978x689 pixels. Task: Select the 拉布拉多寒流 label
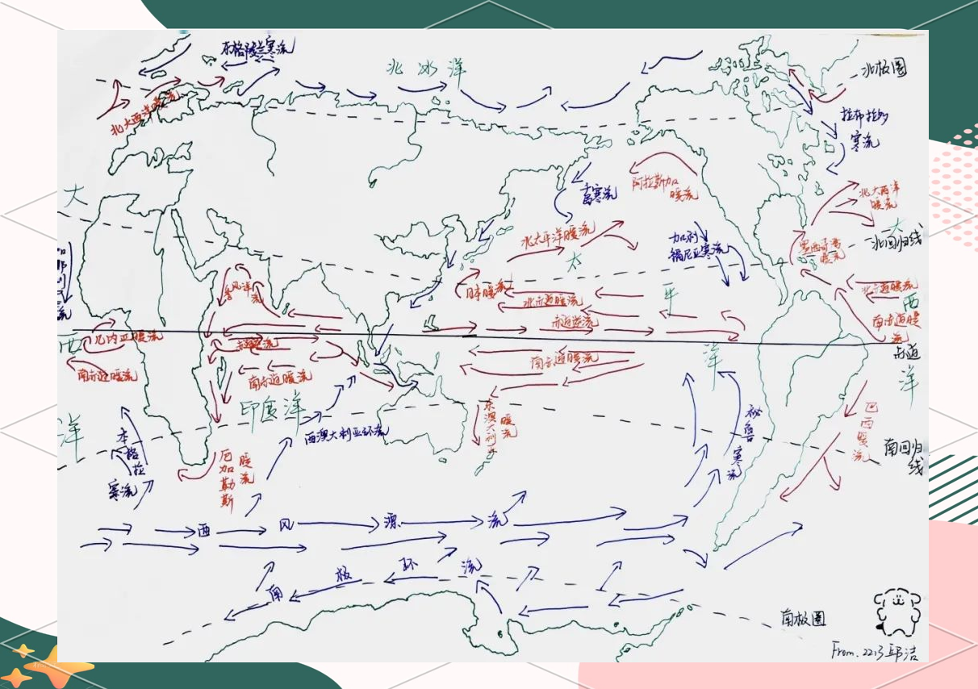[x=863, y=127]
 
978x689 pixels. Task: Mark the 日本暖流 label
[x=483, y=289]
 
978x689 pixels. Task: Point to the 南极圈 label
[x=802, y=618]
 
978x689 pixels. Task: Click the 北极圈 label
[x=884, y=70]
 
